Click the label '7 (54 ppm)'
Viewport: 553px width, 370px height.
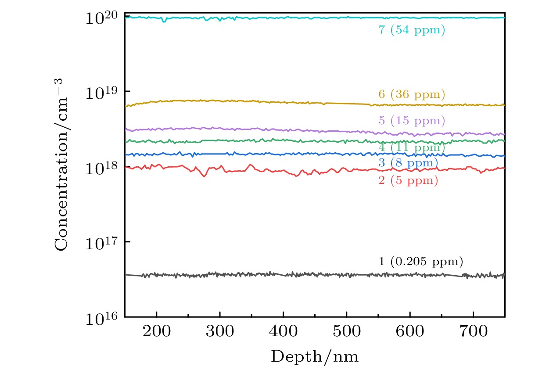[x=412, y=30]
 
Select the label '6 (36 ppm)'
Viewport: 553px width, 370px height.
[x=412, y=94]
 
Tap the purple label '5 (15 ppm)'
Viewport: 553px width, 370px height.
[x=412, y=121]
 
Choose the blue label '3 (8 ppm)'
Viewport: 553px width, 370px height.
[x=408, y=164]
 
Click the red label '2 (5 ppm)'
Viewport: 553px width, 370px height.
[x=408, y=180]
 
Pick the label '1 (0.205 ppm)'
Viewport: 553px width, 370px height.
[x=420, y=262]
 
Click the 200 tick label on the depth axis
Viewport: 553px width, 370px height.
[x=156, y=331]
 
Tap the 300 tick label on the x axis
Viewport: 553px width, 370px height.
[x=219, y=331]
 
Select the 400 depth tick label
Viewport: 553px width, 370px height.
[x=283, y=331]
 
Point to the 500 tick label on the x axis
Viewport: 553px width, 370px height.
[x=346, y=331]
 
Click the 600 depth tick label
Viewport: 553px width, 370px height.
[x=409, y=331]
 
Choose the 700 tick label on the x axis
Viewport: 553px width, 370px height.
[x=473, y=331]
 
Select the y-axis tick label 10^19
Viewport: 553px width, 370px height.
[x=102, y=93]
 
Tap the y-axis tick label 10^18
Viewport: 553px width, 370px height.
[x=102, y=169]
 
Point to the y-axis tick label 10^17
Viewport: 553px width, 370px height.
[x=102, y=244]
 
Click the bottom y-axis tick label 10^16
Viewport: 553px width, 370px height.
[x=102, y=319]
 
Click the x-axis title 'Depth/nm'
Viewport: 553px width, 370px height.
[x=314, y=357]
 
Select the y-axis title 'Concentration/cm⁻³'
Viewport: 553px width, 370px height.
[x=62, y=165]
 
